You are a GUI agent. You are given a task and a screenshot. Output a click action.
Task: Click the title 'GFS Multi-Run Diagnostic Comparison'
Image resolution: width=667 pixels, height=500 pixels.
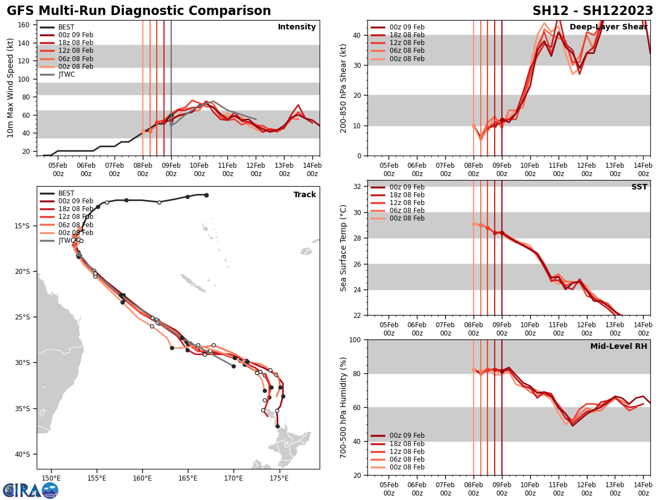[x=139, y=11]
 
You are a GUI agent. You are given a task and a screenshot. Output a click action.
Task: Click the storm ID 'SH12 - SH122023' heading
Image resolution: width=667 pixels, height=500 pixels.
[x=593, y=11]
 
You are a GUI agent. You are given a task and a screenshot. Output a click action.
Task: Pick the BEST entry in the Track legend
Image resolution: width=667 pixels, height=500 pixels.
[x=66, y=193]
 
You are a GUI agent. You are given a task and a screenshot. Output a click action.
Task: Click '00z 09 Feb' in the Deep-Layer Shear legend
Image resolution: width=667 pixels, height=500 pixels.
[x=406, y=27]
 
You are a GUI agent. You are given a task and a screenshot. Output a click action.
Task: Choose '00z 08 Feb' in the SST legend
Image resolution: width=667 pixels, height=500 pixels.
[x=406, y=218]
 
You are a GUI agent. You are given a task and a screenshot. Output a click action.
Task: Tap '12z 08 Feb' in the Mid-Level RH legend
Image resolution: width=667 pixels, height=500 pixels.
[x=406, y=452]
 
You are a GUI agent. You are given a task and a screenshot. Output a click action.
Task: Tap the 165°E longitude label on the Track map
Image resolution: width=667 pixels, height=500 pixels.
[x=188, y=478]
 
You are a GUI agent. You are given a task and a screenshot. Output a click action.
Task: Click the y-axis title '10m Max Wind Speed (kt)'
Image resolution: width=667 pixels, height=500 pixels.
[x=10, y=88]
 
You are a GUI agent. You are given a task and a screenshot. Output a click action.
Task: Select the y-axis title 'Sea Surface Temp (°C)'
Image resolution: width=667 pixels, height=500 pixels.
[x=344, y=248]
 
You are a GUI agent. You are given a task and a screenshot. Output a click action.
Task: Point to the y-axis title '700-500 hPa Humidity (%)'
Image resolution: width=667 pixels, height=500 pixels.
[x=344, y=407]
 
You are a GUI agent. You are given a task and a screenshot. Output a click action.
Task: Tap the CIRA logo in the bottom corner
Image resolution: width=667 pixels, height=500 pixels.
[x=31, y=491]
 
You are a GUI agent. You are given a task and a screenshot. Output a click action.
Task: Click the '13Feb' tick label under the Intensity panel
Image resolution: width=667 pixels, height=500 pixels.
[x=284, y=169]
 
